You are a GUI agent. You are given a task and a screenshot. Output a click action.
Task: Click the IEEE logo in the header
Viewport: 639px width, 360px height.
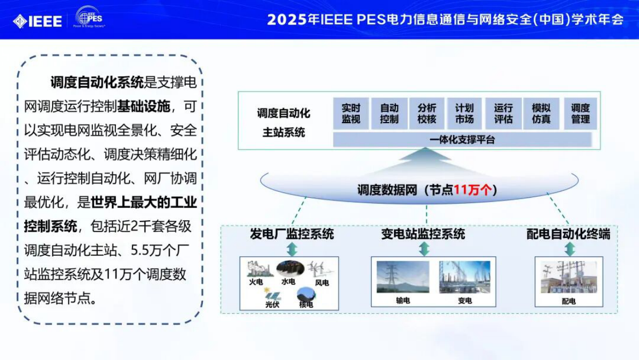pyautogui.click(x=38, y=21)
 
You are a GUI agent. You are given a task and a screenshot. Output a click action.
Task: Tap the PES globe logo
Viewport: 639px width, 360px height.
pyautogui.click(x=90, y=17)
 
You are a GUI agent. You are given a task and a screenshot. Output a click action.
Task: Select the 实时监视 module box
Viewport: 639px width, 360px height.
pyautogui.click(x=351, y=113)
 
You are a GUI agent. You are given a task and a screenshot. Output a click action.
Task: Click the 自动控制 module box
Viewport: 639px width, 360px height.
pyautogui.click(x=389, y=113)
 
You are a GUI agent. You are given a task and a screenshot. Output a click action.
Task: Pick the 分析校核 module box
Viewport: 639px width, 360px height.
pyautogui.click(x=427, y=113)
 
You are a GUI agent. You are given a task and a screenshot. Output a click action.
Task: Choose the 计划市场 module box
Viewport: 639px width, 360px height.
pyautogui.click(x=465, y=113)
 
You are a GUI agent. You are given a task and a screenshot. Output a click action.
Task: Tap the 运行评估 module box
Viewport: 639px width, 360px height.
pyautogui.click(x=503, y=113)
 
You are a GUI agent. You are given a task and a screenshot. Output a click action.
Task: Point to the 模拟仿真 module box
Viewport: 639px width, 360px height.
pyautogui.click(x=541, y=113)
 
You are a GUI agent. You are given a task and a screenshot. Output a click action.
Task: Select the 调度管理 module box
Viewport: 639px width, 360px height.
pyautogui.click(x=580, y=113)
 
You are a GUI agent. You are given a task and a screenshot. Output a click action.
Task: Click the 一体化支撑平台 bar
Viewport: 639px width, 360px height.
pyautogui.click(x=462, y=140)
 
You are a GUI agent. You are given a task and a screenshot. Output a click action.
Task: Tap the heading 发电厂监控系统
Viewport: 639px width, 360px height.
pyautogui.click(x=292, y=234)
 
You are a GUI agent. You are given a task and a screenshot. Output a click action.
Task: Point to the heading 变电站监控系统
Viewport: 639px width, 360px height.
pyautogui.click(x=423, y=234)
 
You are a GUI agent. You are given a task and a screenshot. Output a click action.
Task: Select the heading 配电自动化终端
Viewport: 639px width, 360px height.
pyautogui.click(x=568, y=234)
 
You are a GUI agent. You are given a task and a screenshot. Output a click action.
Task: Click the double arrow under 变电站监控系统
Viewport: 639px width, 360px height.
pyautogui.click(x=424, y=249)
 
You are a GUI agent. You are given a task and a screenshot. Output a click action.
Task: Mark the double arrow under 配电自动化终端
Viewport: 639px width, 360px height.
pyautogui.click(x=570, y=249)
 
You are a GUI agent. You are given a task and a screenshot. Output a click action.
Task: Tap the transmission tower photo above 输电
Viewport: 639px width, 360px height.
pyautogui.click(x=403, y=277)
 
